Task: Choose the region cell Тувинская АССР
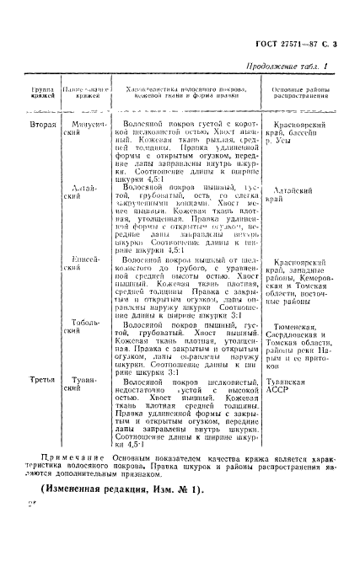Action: [x=290, y=386]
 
